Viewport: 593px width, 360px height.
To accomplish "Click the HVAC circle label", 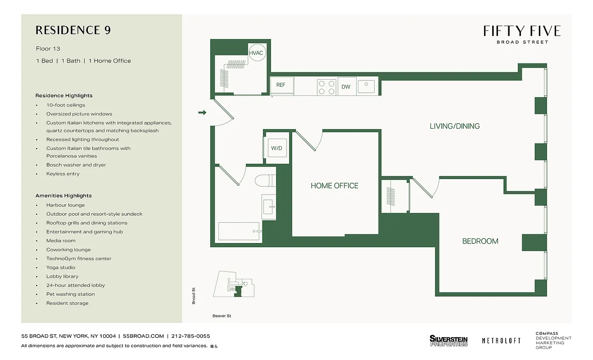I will tap(256, 53).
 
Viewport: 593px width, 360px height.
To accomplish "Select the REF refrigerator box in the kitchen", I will tap(281, 85).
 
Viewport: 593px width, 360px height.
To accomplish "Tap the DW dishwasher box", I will tap(346, 86).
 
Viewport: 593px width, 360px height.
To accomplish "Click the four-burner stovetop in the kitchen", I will tap(326, 87).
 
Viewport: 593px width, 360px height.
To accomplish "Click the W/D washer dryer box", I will tap(276, 148).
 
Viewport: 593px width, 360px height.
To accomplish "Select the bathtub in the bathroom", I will tap(239, 231).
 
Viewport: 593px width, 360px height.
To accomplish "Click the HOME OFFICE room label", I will tap(335, 185).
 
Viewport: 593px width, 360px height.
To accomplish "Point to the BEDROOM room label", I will tap(480, 241).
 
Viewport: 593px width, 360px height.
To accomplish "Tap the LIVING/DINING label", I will tap(454, 126).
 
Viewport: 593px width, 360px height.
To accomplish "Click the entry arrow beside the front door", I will tap(202, 112).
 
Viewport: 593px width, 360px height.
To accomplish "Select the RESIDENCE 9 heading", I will tap(73, 30).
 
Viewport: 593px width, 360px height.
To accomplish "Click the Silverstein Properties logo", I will tap(448, 341).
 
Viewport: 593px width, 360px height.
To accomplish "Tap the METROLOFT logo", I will tap(501, 341).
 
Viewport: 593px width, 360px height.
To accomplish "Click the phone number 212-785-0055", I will tap(191, 336).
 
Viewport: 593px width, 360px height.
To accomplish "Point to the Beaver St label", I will tap(222, 316).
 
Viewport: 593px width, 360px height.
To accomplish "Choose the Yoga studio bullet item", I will tap(61, 267).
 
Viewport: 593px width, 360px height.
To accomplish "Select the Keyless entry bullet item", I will tap(63, 174).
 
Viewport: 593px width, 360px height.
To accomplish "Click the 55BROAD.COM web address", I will tap(143, 336).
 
